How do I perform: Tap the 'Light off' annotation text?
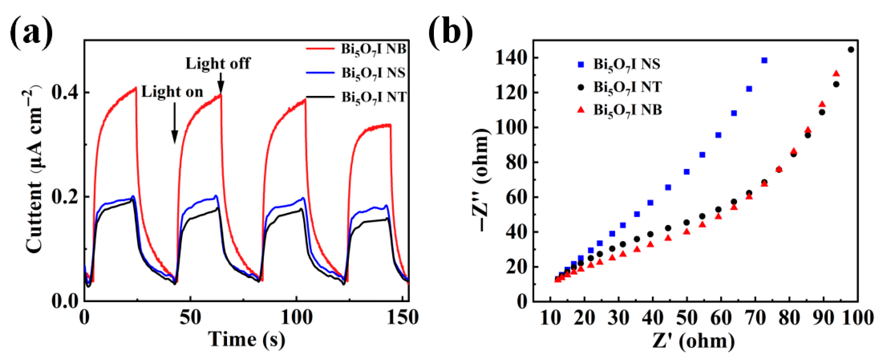click(218, 63)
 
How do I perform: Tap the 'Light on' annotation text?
click(172, 92)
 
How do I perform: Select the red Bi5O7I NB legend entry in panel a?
click(356, 49)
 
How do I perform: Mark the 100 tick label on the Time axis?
click(296, 317)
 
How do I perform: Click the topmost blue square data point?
click(764, 60)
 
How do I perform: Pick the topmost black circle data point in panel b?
click(851, 50)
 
